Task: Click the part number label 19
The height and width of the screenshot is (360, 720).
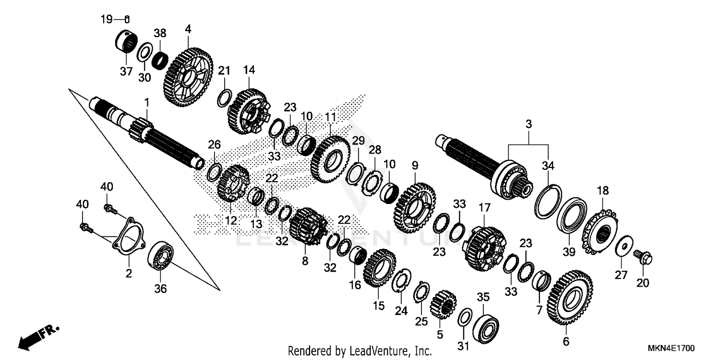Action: tap(106, 19)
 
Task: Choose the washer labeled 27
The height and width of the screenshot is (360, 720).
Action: tap(624, 245)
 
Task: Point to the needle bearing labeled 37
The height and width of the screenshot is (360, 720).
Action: tap(127, 42)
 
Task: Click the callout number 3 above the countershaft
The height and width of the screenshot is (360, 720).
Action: tap(528, 124)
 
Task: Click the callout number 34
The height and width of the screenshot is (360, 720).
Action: tap(548, 166)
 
